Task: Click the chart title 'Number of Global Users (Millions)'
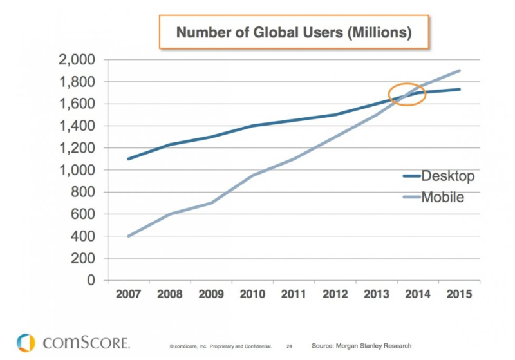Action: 294,32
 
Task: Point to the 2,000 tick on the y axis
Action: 77,60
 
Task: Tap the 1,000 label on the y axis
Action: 77,170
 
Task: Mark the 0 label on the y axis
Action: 91,280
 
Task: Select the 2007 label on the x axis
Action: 129,295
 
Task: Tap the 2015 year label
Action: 459,295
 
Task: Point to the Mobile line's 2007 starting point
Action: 129,236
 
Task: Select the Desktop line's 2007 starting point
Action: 129,159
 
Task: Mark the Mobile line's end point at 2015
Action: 460,71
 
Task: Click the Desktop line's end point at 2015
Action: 460,90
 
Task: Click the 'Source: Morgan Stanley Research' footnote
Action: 361,346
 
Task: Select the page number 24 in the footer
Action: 290,346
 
